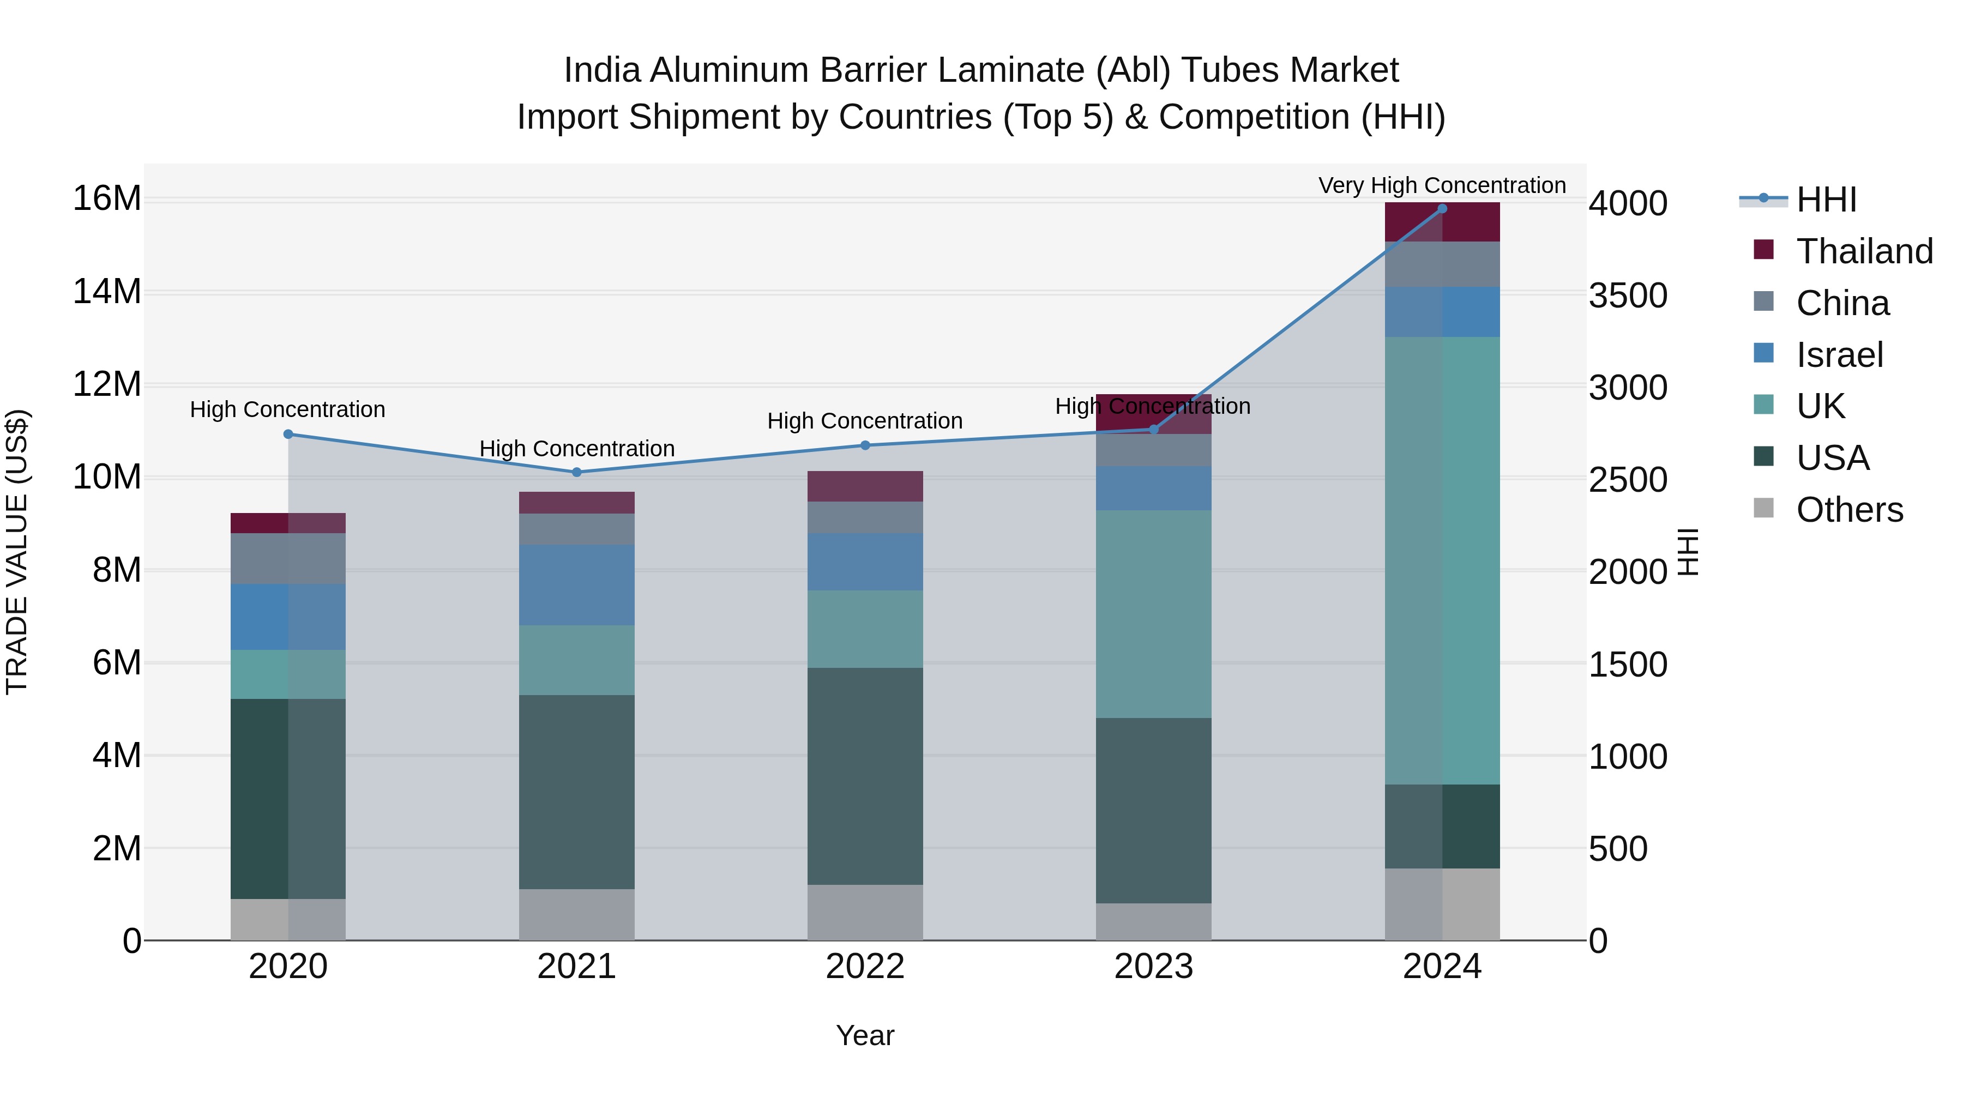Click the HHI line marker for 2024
[x=1442, y=209]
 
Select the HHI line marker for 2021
[x=577, y=472]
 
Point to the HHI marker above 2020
[x=288, y=435]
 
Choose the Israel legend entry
[x=1839, y=355]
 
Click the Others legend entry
[x=1848, y=510]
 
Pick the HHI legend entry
[x=1826, y=200]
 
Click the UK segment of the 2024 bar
[x=1442, y=560]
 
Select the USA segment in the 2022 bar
[x=865, y=776]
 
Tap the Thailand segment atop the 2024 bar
[x=1442, y=222]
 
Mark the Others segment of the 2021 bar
[x=577, y=914]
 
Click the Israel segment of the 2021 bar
[x=577, y=584]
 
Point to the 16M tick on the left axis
[x=107, y=199]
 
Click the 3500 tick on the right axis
[x=1628, y=297]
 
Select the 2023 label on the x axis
[x=1153, y=967]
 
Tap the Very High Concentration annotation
[x=1442, y=185]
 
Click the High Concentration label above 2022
[x=865, y=420]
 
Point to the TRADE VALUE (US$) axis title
[x=17, y=552]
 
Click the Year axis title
[x=865, y=1035]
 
